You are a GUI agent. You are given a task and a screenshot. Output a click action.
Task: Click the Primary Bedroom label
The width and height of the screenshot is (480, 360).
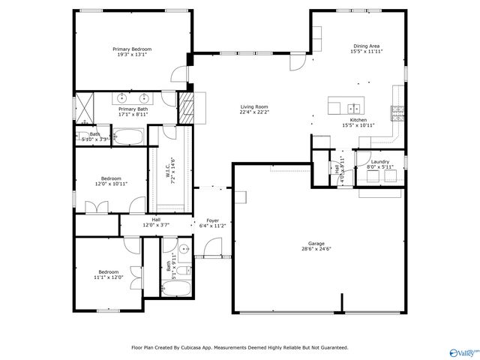[x=130, y=47]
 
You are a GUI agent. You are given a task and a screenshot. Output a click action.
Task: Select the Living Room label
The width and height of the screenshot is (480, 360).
[x=254, y=106]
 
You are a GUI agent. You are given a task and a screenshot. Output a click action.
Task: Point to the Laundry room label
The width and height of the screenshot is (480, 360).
[x=379, y=161]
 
